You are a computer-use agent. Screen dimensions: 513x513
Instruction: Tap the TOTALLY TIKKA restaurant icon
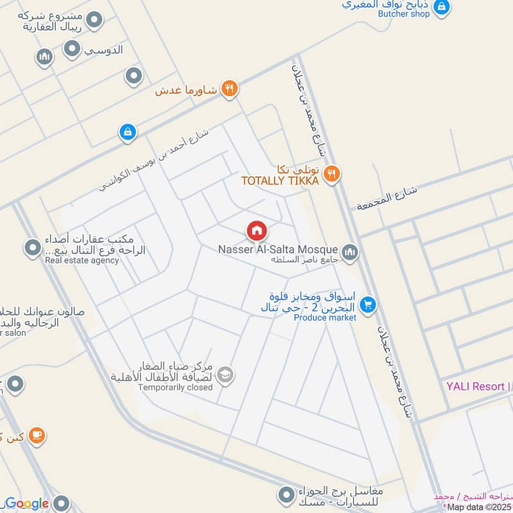[x=331, y=172]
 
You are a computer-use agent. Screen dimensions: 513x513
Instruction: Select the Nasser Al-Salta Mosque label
[x=278, y=249]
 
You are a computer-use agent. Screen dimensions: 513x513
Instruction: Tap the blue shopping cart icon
[x=367, y=305]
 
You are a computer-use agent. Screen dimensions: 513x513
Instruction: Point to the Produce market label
[x=324, y=318]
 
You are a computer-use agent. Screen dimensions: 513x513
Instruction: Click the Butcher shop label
[x=403, y=14]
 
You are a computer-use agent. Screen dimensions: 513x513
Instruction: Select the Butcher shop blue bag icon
[x=441, y=8]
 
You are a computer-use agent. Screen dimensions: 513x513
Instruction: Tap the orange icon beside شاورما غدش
[x=230, y=89]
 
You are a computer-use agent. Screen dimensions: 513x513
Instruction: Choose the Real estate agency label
[x=82, y=260]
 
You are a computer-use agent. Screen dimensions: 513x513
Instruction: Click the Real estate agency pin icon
[x=32, y=247]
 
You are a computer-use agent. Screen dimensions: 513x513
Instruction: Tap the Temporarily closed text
[x=175, y=387]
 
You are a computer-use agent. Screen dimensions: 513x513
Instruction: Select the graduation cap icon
[x=225, y=375]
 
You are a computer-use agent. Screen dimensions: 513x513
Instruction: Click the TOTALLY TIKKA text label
[x=280, y=181]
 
